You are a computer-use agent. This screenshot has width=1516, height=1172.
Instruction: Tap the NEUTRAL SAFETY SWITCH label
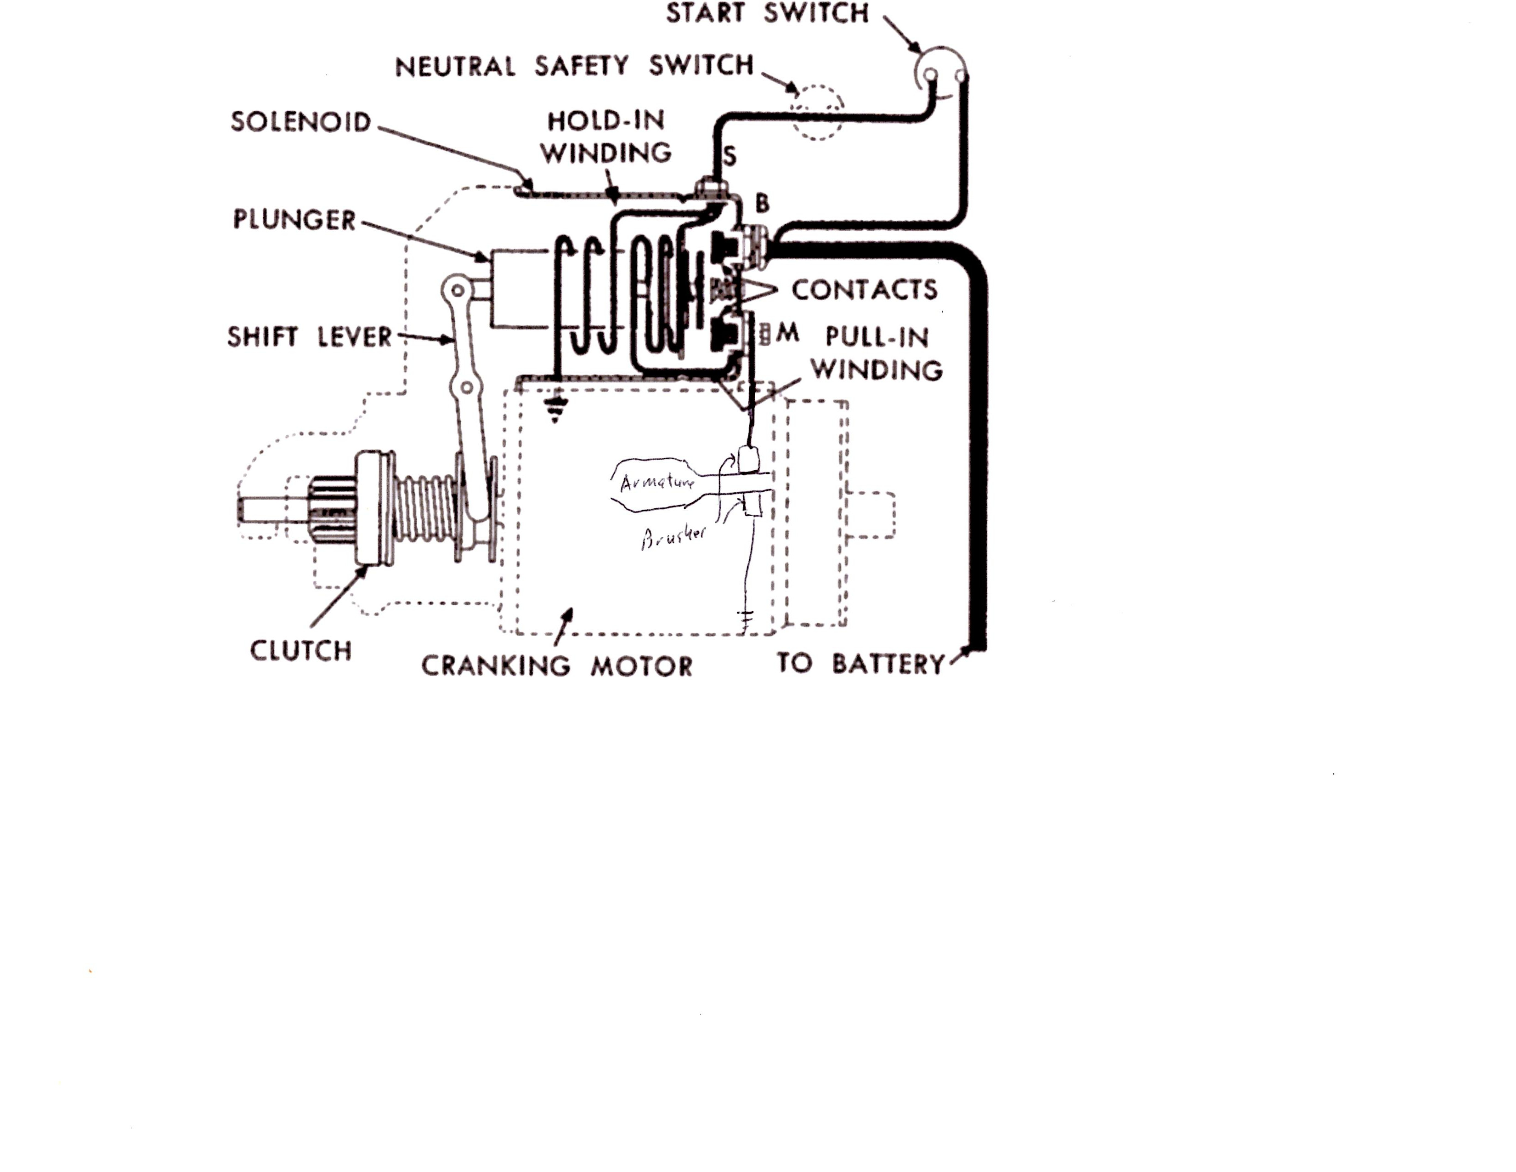574,66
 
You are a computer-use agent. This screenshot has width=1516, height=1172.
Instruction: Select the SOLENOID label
300,122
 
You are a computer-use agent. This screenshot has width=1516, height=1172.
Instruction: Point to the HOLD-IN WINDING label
606,137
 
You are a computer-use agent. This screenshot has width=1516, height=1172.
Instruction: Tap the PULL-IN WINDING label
877,353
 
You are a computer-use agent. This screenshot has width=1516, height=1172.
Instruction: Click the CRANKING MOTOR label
557,666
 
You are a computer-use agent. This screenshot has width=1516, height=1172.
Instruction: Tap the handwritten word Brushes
673,537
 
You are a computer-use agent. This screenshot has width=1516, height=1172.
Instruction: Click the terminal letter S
730,156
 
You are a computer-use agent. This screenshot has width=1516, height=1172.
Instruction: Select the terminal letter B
762,204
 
